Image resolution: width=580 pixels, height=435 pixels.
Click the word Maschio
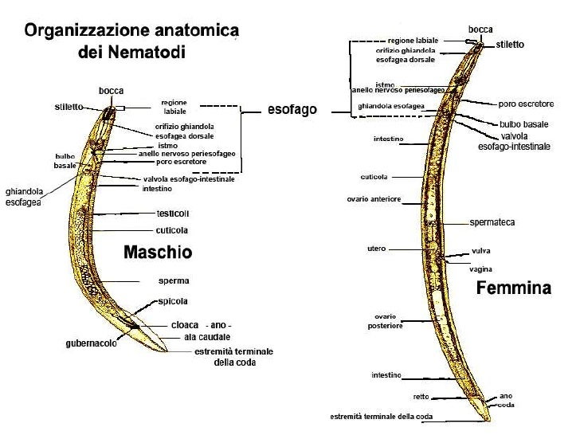pos(158,253)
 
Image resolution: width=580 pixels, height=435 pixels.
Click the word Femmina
pos(513,289)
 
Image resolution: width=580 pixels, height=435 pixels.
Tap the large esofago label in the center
pos(292,110)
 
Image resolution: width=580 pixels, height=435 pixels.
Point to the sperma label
pos(173,281)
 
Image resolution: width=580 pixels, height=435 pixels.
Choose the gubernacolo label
pos(92,344)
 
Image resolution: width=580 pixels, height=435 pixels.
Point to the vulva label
pos(480,250)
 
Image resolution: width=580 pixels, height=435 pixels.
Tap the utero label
pos(376,249)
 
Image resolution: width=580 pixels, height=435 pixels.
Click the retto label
pos(421,396)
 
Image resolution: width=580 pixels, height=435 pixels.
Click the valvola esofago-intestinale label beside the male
pos(188,179)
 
